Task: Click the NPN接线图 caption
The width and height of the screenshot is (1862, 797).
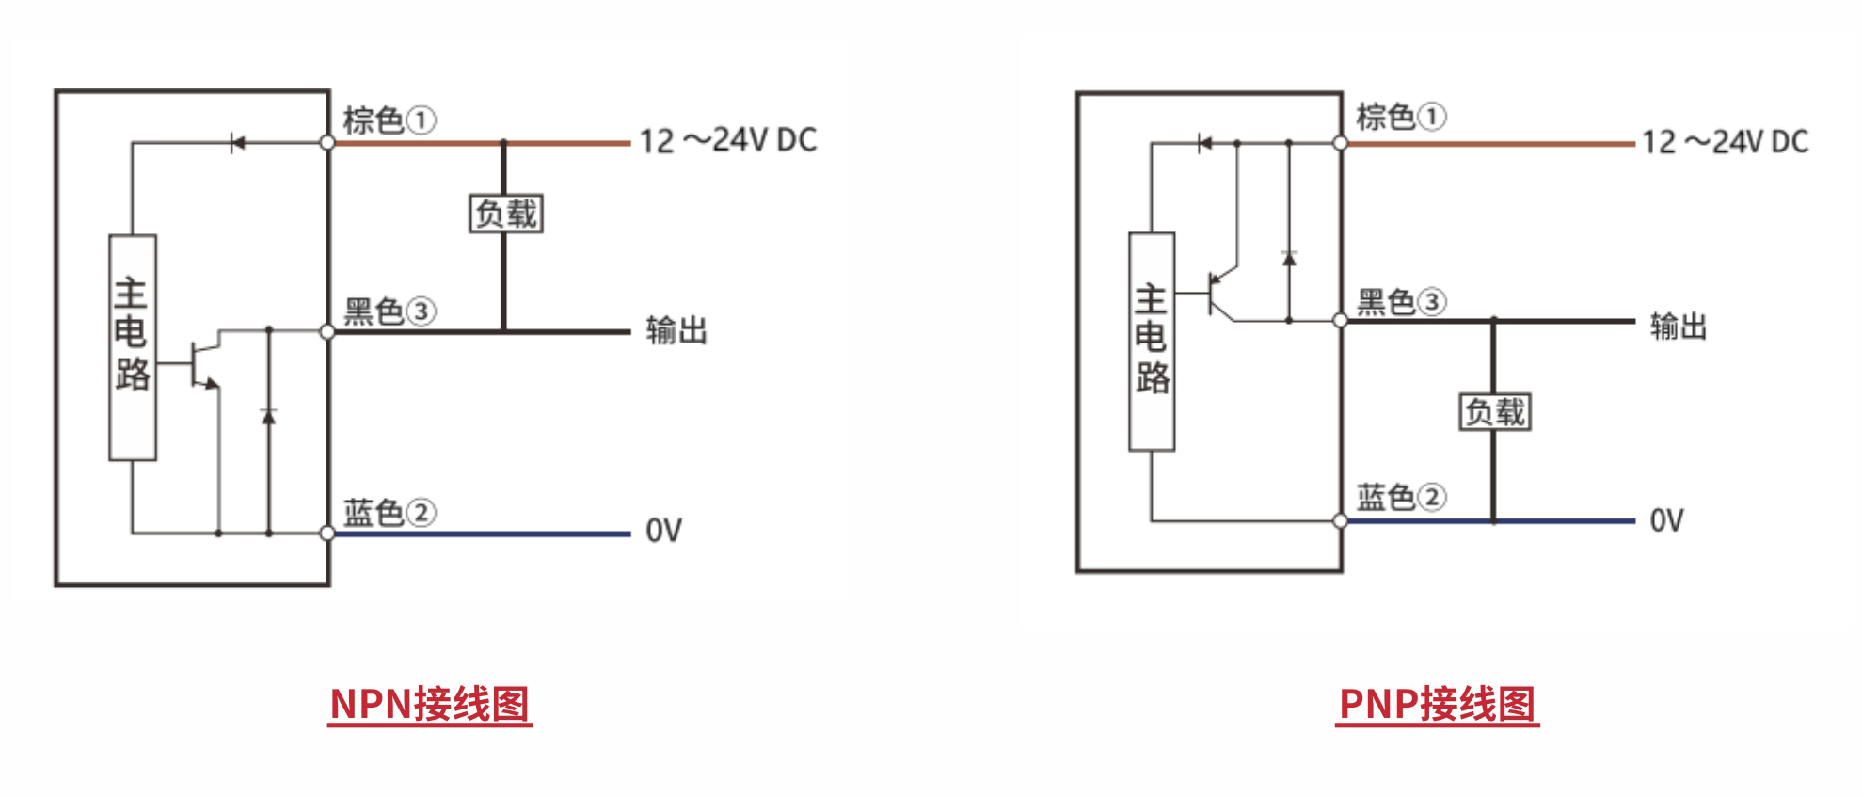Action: [x=430, y=704]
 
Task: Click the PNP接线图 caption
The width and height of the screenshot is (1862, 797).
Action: [x=1437, y=704]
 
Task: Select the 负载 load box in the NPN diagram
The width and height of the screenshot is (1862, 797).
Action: [x=506, y=214]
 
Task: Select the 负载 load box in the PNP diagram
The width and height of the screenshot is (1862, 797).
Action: [x=1495, y=412]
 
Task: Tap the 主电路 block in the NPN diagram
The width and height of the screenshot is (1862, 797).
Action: [x=133, y=347]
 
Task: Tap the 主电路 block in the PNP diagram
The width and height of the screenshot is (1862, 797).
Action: [x=1152, y=341]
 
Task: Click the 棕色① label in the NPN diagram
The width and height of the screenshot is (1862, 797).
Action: [x=389, y=120]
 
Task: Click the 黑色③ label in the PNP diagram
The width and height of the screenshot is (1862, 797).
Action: [x=1401, y=302]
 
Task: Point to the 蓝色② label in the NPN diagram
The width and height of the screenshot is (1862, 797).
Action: [x=389, y=513]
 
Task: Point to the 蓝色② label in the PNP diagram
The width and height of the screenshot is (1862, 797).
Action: [x=1401, y=497]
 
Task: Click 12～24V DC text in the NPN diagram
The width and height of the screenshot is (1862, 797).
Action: [x=728, y=141]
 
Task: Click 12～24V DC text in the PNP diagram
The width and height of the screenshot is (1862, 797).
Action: [x=1725, y=142]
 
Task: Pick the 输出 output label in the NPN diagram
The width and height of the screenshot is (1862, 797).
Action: [x=676, y=331]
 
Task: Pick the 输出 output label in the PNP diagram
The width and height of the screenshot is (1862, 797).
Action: [x=1679, y=327]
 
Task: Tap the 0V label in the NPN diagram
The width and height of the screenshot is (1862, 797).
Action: [x=663, y=531]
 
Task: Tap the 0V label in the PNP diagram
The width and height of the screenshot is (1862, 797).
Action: [x=1666, y=520]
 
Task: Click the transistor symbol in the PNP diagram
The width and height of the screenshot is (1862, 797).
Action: [x=1219, y=295]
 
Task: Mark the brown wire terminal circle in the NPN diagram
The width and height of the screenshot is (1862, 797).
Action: [x=327, y=143]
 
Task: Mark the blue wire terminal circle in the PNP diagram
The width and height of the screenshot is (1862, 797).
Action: [x=1341, y=520]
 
